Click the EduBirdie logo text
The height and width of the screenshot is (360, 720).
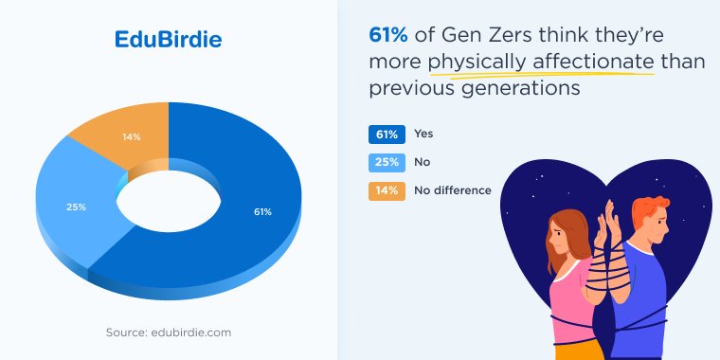[169, 40]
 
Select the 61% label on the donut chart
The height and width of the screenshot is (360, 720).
[262, 211]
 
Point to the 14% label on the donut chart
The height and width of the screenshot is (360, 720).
[132, 136]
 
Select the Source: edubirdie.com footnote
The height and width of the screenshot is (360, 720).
[169, 333]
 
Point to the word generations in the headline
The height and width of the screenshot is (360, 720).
[519, 88]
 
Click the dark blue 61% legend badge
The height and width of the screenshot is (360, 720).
[387, 134]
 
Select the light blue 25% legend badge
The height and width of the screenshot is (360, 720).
[387, 162]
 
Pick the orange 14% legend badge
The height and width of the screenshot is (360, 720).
[387, 190]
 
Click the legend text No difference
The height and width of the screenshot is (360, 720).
[453, 190]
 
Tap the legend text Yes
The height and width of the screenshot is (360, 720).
[423, 134]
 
